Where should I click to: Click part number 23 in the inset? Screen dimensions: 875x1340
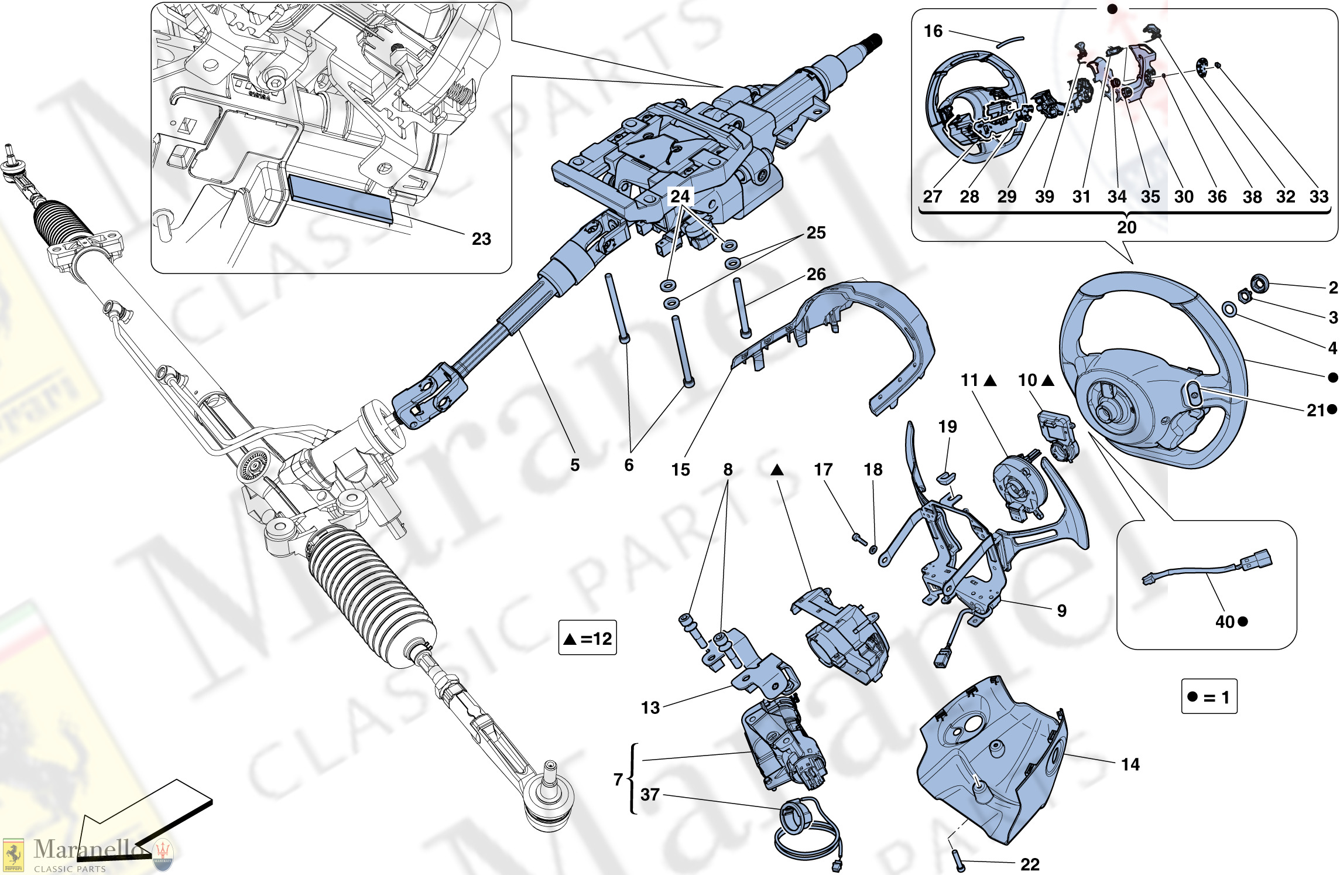tap(481, 239)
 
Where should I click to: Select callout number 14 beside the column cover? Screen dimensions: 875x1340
tap(1130, 764)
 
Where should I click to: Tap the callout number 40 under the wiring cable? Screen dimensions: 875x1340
tap(1225, 621)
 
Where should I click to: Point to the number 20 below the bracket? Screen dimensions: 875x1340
tap(1126, 227)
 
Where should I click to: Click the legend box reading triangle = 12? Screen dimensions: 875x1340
tap(587, 638)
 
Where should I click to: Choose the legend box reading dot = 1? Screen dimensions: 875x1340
tap(1209, 696)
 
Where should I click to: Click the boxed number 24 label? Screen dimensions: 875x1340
tap(680, 196)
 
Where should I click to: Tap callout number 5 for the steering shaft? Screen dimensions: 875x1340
tap(575, 465)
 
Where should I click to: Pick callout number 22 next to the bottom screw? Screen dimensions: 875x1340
tap(1030, 864)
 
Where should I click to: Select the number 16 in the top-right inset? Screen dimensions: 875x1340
tap(933, 31)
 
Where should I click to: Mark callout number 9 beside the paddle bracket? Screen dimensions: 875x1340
tap(1061, 611)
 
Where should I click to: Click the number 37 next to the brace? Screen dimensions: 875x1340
tap(650, 795)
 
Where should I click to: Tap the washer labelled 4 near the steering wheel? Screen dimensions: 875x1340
tap(1229, 309)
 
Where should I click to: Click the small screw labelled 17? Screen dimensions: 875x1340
tap(859, 538)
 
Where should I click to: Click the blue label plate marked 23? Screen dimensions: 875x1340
tap(340, 197)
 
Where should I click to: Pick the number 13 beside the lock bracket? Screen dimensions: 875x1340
tap(650, 707)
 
